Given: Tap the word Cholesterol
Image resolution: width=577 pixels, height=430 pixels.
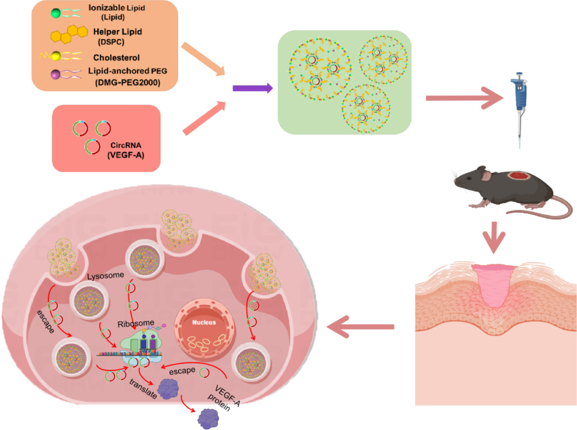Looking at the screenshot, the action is point(116,58).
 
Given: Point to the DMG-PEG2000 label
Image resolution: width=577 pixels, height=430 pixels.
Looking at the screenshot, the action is point(128,83).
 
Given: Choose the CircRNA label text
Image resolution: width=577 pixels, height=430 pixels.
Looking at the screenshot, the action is point(126,145).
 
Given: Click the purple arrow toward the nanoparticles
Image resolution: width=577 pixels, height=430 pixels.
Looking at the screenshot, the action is point(253,88).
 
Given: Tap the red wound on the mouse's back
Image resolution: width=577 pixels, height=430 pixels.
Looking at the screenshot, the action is point(519,176).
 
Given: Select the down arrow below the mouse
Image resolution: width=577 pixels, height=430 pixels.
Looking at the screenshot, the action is point(494,237).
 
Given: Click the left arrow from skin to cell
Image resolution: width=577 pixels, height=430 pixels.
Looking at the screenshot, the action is point(361,327).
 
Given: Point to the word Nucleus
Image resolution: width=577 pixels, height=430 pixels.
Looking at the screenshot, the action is point(204,322).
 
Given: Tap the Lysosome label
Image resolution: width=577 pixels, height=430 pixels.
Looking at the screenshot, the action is point(105,276).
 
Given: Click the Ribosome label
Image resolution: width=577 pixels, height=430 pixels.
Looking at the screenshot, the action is point(136,323).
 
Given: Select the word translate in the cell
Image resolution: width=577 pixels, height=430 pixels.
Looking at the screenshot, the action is point(143,389).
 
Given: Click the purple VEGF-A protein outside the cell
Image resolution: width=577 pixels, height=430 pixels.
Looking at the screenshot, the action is point(208,419).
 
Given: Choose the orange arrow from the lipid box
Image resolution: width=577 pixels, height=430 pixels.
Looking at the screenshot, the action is point(203,59).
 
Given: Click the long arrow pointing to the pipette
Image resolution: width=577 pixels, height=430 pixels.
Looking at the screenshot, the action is point(464,98).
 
